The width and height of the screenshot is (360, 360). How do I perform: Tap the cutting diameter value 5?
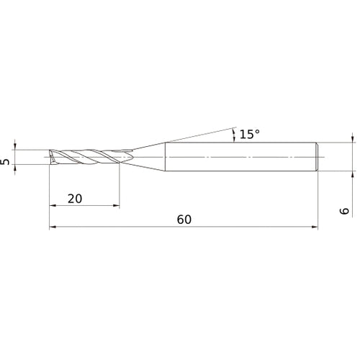coord(6,162)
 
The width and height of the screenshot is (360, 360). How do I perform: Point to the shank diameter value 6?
coord(344,210)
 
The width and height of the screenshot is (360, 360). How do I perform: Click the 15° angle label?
coord(249,134)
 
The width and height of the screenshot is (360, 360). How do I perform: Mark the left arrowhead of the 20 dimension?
coord(52,206)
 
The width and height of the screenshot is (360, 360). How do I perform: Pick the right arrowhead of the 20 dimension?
coord(117,206)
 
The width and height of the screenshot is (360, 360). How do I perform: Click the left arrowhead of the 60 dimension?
coord(52,228)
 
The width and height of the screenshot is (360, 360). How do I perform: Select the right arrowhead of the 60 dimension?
coord(315,228)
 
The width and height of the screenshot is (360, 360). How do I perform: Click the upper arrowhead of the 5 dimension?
coord(16,146)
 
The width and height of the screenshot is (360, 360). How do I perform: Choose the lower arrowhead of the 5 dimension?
coord(16,168)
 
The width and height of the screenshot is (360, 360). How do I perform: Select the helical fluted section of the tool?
coord(86,157)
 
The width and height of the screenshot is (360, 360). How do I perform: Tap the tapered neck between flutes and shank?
coord(148,156)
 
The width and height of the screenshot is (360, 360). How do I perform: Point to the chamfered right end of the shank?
coord(317,156)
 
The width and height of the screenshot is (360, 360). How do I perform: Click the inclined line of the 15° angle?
coord(202,134)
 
